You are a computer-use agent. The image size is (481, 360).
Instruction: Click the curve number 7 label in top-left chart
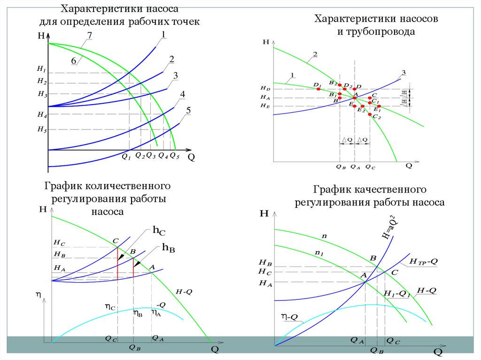89,35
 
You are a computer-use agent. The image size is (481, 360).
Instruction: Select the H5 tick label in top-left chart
42,129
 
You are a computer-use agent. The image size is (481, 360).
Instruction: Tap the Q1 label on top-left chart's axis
126,157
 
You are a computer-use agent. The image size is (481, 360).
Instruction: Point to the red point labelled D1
318,88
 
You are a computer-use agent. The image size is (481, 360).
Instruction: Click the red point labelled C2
370,115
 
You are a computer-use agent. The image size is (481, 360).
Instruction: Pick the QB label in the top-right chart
341,166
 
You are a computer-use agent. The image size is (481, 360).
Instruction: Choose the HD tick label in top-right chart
265,88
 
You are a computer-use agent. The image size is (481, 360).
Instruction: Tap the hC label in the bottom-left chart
159,231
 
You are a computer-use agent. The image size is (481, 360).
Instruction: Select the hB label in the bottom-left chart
168,247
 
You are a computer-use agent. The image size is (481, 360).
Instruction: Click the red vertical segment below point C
117,263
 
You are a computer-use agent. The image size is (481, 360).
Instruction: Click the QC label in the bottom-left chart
111,338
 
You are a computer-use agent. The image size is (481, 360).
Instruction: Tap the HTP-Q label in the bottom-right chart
423,261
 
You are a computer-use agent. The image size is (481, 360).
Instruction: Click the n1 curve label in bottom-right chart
319,253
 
